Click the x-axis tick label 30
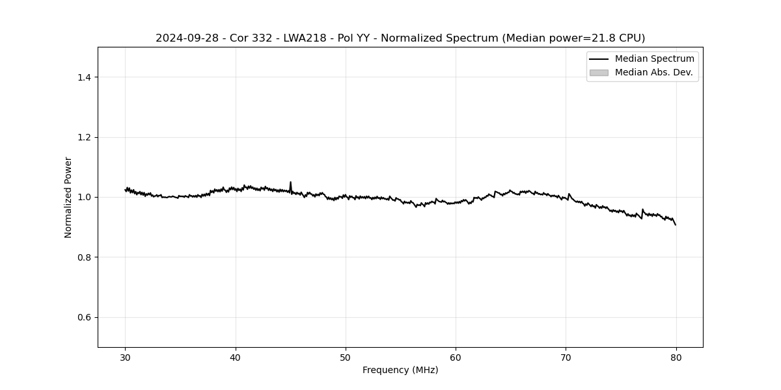[x=126, y=357]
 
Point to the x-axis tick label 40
[x=236, y=357]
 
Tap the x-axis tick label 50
[x=346, y=357]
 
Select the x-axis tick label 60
[x=456, y=357]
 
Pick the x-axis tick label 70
[x=566, y=357]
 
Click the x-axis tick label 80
[x=676, y=357]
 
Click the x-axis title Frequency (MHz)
[x=400, y=370]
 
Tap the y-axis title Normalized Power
[x=68, y=197]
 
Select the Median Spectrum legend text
[x=654, y=59]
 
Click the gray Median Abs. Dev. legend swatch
[x=599, y=73]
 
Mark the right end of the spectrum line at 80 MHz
[x=676, y=225]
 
